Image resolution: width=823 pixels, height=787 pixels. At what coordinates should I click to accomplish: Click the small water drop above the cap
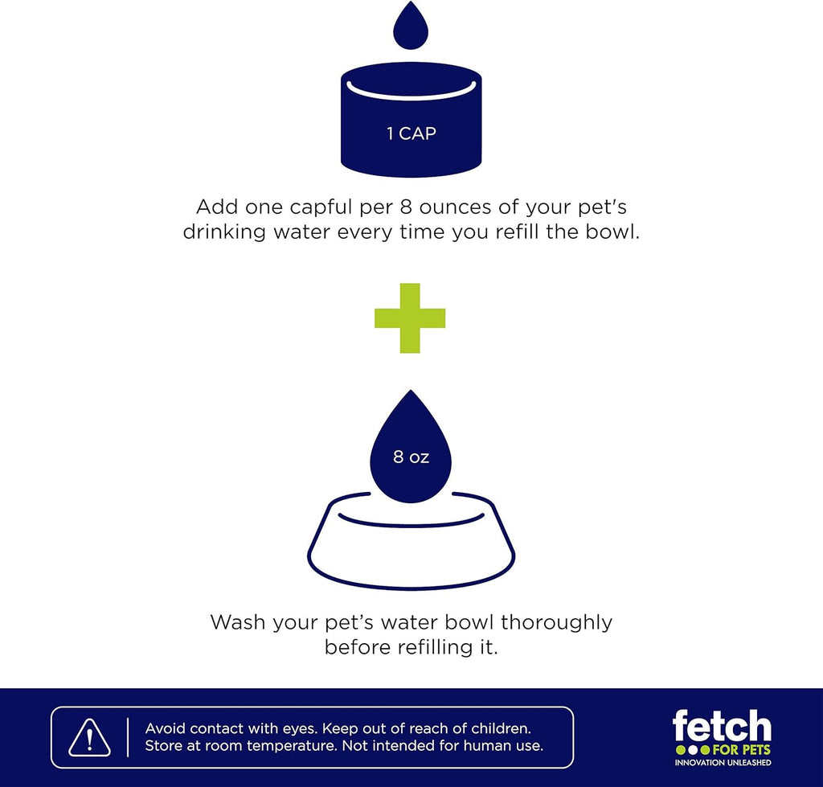[411, 27]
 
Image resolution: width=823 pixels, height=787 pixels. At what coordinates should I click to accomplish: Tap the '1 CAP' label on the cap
[411, 133]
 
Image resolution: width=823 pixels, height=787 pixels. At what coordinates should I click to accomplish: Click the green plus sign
[410, 318]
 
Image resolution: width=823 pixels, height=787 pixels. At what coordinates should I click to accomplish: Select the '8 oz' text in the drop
[411, 457]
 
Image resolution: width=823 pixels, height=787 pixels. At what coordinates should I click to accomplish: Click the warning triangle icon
[90, 738]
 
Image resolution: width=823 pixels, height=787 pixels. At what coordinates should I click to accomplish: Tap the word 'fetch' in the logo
[722, 726]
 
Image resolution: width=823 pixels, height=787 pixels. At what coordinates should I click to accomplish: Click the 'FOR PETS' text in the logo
[741, 750]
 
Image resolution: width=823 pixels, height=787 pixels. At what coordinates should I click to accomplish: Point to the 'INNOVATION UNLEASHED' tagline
[723, 762]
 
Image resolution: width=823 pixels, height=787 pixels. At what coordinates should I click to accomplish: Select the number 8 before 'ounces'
[406, 207]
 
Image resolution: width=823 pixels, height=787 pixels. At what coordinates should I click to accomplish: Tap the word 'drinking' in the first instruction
[225, 232]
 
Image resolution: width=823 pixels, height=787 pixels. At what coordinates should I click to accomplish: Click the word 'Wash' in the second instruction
[238, 622]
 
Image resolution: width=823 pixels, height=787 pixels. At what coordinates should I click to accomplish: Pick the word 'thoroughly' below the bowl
[556, 623]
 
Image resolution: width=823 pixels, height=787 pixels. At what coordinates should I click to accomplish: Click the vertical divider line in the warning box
[128, 738]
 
